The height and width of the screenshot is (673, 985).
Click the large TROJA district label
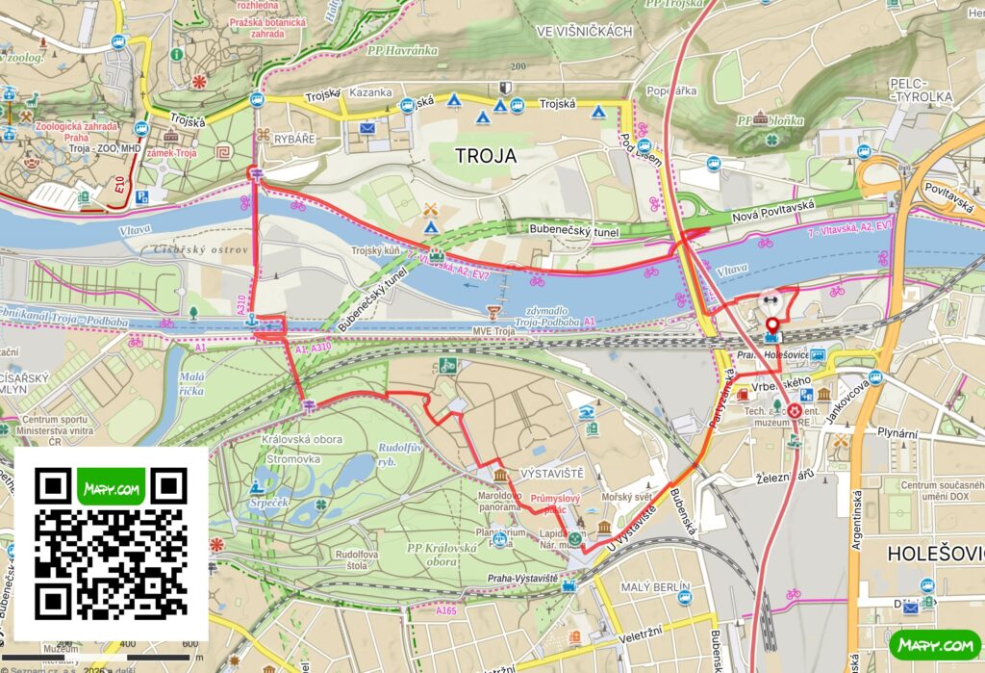pos(486,156)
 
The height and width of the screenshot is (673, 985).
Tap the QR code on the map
pos(112,544)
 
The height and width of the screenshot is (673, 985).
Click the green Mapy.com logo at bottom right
pos(933,644)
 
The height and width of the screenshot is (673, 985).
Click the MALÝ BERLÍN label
pos(656,587)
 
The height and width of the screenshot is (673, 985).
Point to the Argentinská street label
pos(855,520)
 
